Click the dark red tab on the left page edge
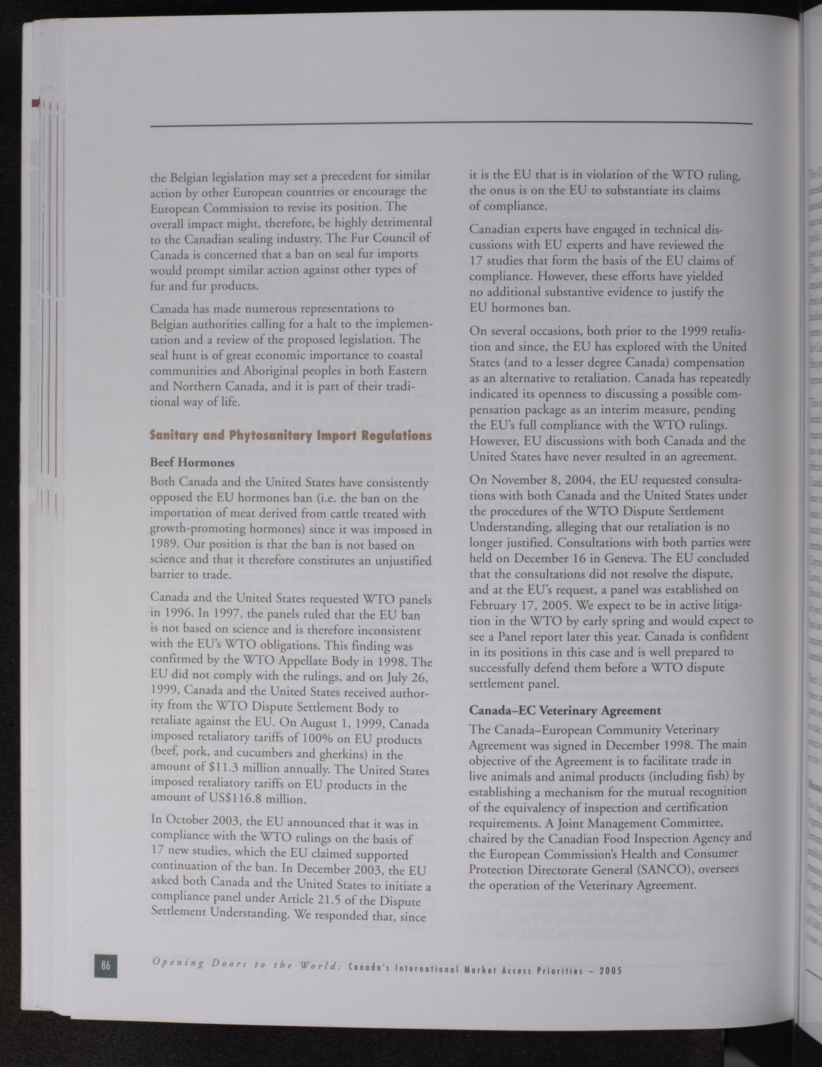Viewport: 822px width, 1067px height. [35, 103]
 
